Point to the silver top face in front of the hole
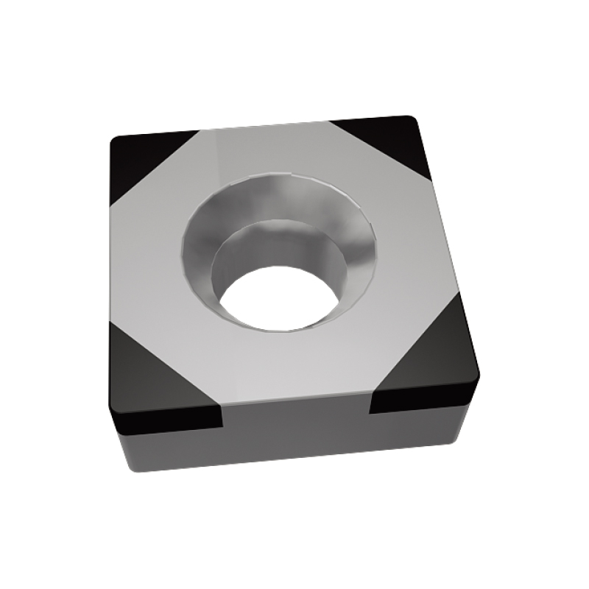pos(294,368)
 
